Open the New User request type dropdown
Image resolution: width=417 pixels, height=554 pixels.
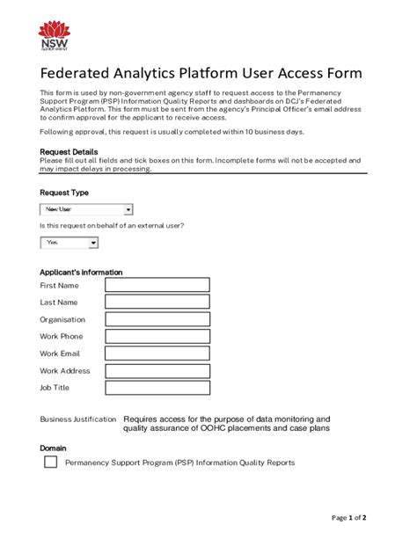(x=86, y=209)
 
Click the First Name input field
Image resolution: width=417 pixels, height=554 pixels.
(x=157, y=285)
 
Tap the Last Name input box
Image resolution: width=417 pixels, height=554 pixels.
(x=157, y=302)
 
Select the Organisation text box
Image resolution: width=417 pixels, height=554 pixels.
(x=157, y=319)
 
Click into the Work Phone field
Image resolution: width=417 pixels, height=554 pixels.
(x=157, y=336)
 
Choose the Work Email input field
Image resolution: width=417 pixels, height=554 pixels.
(x=157, y=354)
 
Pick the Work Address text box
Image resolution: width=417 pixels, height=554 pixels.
(x=157, y=370)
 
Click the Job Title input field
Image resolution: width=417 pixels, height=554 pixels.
(x=157, y=388)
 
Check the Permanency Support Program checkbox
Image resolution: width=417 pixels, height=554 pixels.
(x=50, y=462)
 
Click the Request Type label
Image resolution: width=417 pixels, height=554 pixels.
(x=64, y=193)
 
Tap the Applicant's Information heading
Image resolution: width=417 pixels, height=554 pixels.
(x=81, y=272)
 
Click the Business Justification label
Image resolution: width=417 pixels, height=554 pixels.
(x=77, y=419)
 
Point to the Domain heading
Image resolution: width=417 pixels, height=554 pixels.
(x=54, y=448)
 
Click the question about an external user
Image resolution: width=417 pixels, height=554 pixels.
(x=112, y=226)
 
